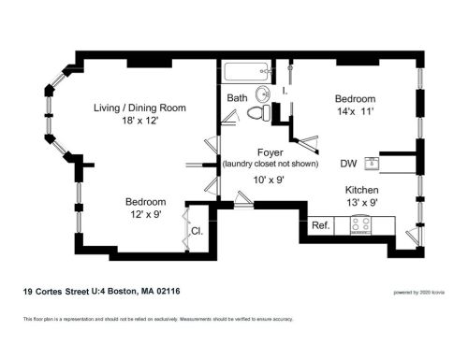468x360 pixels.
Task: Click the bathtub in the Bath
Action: click(247, 71)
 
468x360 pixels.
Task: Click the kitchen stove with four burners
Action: click(362, 224)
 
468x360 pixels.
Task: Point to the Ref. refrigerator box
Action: click(320, 224)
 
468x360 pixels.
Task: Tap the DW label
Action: click(348, 163)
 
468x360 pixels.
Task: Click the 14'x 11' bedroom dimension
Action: click(356, 111)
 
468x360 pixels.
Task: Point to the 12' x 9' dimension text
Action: click(146, 215)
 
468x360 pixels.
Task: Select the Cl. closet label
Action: click(197, 230)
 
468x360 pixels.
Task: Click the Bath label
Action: click(237, 97)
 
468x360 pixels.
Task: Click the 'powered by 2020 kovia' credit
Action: click(417, 293)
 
